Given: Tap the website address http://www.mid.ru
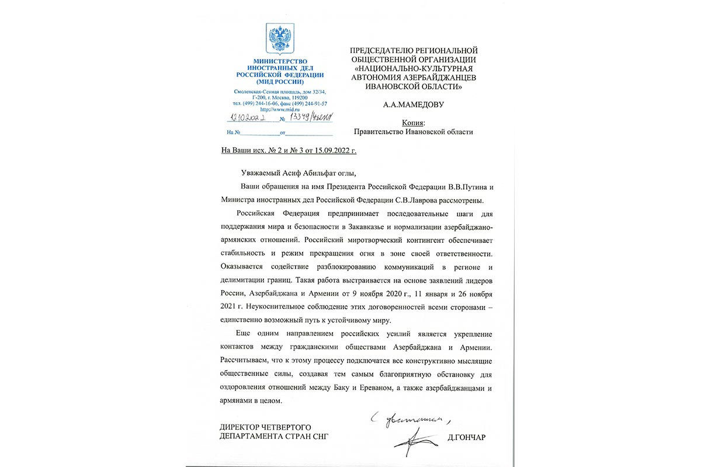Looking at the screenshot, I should point(279,109).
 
